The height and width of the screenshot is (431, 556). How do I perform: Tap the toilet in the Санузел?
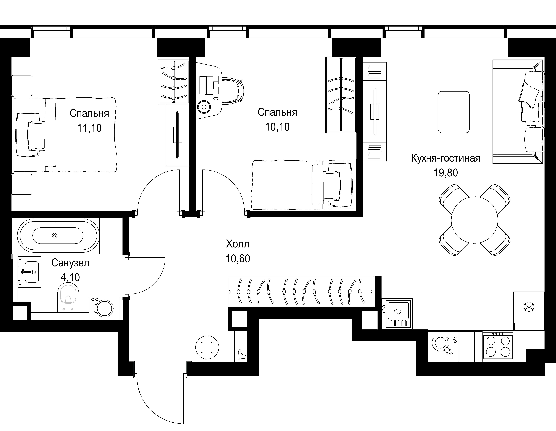point(68,298)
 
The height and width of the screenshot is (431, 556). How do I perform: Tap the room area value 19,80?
point(446,173)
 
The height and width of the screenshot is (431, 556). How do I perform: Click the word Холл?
point(238,244)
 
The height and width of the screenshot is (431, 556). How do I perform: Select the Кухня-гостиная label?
point(446,158)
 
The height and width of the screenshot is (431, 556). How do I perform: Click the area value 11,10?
point(89,128)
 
